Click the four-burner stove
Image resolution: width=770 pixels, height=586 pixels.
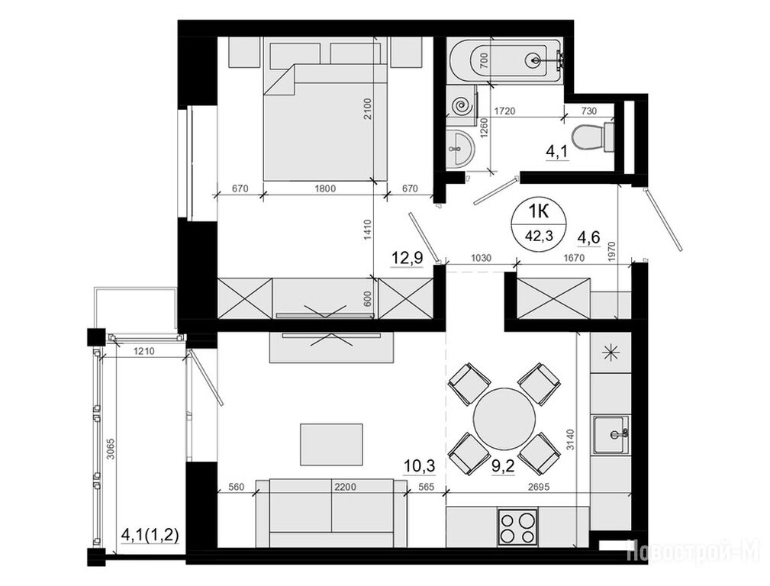coord(517,526)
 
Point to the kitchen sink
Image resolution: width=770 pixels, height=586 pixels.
coord(611,434)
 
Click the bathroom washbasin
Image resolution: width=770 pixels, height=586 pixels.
coord(459,147)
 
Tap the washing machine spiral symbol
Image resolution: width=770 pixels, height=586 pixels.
coord(462,105)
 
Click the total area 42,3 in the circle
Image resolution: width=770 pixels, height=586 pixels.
coord(539,236)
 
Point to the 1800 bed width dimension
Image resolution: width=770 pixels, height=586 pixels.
coord(324,188)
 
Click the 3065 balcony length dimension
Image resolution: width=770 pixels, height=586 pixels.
coord(111,449)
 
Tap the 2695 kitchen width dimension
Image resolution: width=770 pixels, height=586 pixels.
coord(538,487)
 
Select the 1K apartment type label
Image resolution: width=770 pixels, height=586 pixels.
coord(539,211)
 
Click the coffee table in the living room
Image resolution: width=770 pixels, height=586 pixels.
coord(331,444)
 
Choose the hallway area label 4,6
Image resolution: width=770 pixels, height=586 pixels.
coord(589,238)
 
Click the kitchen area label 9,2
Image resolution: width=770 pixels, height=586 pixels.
coord(503,465)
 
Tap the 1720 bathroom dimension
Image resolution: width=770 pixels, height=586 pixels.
coord(505,111)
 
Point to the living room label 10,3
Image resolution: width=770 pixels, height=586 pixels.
coord(420,465)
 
